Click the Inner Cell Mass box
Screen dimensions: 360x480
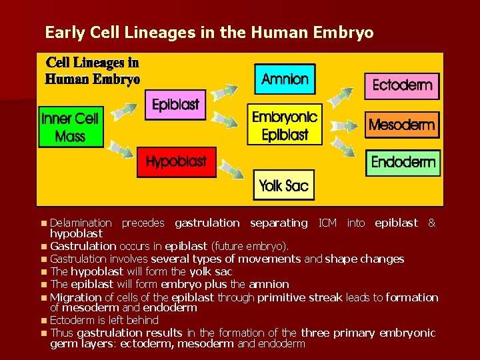click(x=70, y=127)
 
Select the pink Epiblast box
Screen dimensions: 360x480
click(x=175, y=105)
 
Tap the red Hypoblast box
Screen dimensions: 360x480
click(x=176, y=162)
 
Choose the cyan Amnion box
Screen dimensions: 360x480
click(x=285, y=79)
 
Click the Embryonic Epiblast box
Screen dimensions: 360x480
click(x=285, y=125)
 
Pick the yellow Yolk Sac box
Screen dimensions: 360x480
click(x=284, y=185)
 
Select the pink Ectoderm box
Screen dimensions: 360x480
click(x=402, y=85)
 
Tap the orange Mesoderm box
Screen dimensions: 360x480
click(x=402, y=125)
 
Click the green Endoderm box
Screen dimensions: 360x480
click(x=403, y=162)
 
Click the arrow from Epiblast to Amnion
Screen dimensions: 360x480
click(x=227, y=92)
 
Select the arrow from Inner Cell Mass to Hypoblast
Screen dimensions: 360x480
click(x=122, y=149)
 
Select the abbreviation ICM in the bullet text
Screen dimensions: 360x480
click(x=327, y=223)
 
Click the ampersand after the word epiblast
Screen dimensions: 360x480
click(x=431, y=223)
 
